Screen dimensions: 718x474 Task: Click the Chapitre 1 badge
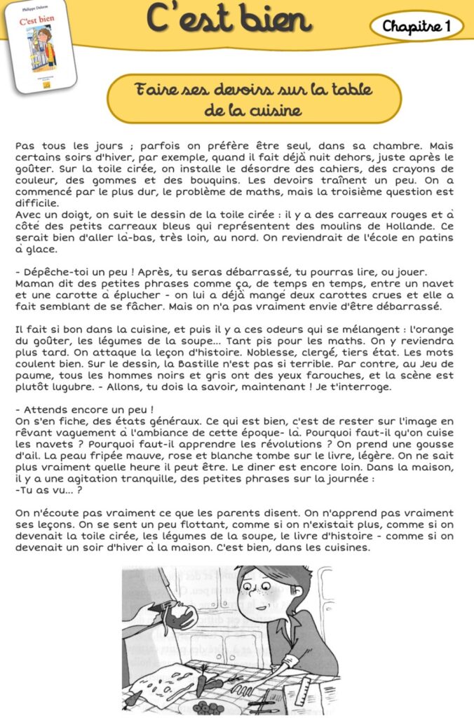(x=417, y=27)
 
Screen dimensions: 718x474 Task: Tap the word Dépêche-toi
(x=55, y=271)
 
